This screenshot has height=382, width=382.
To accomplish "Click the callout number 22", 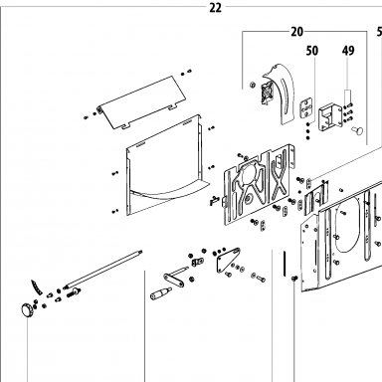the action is point(215,8).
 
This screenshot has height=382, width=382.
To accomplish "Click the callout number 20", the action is point(297,32).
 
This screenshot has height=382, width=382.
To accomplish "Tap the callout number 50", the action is point(312,51).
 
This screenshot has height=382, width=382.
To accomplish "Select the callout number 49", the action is point(348,51).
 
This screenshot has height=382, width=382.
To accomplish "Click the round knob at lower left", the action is point(27,310).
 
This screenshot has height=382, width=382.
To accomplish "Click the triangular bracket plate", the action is point(228,260).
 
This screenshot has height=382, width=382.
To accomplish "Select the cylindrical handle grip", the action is point(161,293).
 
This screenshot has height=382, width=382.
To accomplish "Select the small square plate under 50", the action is point(306,107).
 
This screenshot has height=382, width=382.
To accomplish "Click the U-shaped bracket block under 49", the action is point(329,117).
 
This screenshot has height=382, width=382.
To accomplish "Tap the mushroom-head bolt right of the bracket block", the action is point(357,130).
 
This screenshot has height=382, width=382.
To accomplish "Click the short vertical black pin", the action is point(285,264).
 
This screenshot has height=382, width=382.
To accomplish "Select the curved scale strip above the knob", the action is point(37,287).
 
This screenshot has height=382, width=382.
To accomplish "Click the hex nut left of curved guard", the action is point(252,85).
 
